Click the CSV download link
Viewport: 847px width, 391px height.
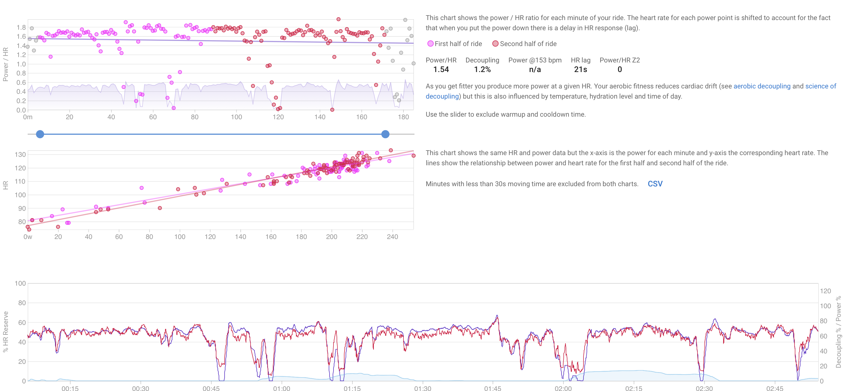(x=655, y=184)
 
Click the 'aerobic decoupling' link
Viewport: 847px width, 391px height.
(x=762, y=86)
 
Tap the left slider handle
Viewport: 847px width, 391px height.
(x=40, y=134)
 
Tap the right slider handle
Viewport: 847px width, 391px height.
(x=385, y=134)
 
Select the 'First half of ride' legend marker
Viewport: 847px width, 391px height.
(x=430, y=44)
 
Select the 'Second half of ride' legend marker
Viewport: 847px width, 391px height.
(x=495, y=44)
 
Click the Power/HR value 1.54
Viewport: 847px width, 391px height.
(x=441, y=69)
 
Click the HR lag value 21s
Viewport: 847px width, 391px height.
(x=580, y=69)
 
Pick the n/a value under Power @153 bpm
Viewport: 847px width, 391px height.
(x=535, y=69)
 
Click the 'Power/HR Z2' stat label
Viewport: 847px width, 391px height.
(x=620, y=60)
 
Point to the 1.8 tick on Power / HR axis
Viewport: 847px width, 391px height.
(x=21, y=27)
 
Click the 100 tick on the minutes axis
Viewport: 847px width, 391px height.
(x=236, y=117)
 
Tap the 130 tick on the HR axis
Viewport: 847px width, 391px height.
(x=20, y=154)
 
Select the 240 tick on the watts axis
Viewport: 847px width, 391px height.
(x=392, y=237)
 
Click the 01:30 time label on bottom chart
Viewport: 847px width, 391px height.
(x=423, y=388)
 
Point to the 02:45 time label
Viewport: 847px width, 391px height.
(x=775, y=388)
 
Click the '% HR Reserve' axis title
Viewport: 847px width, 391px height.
(x=5, y=331)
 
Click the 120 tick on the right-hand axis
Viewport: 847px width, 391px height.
(x=825, y=291)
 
